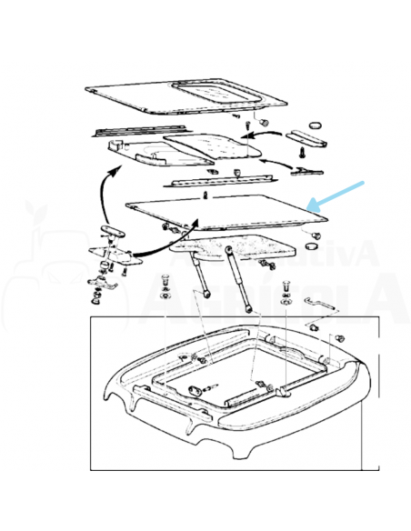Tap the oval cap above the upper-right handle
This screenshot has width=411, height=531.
coord(316,124)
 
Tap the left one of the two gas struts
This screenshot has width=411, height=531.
coord(201,276)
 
